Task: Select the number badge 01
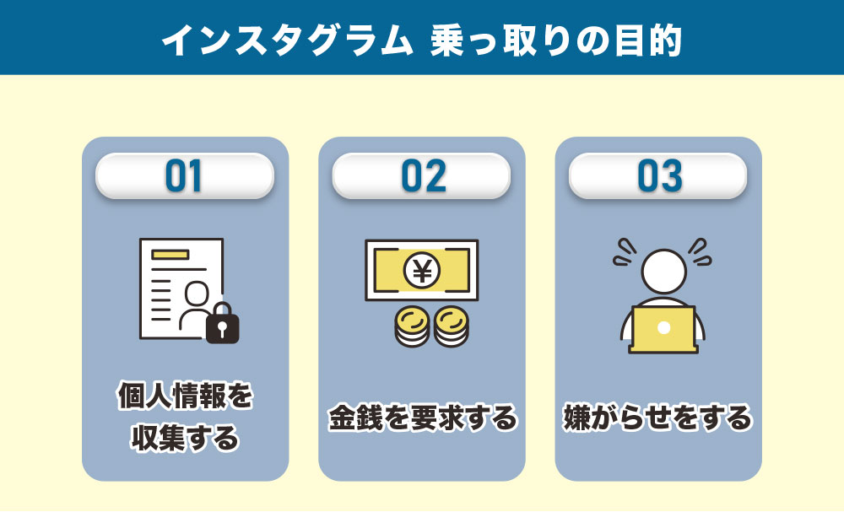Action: click(185, 175)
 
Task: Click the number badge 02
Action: click(422, 175)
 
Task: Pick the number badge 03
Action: click(658, 175)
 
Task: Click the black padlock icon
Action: click(223, 322)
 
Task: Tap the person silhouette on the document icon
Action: click(195, 304)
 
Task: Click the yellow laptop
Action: click(663, 330)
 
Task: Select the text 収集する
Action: click(185, 439)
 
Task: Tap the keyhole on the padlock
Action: click(223, 326)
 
